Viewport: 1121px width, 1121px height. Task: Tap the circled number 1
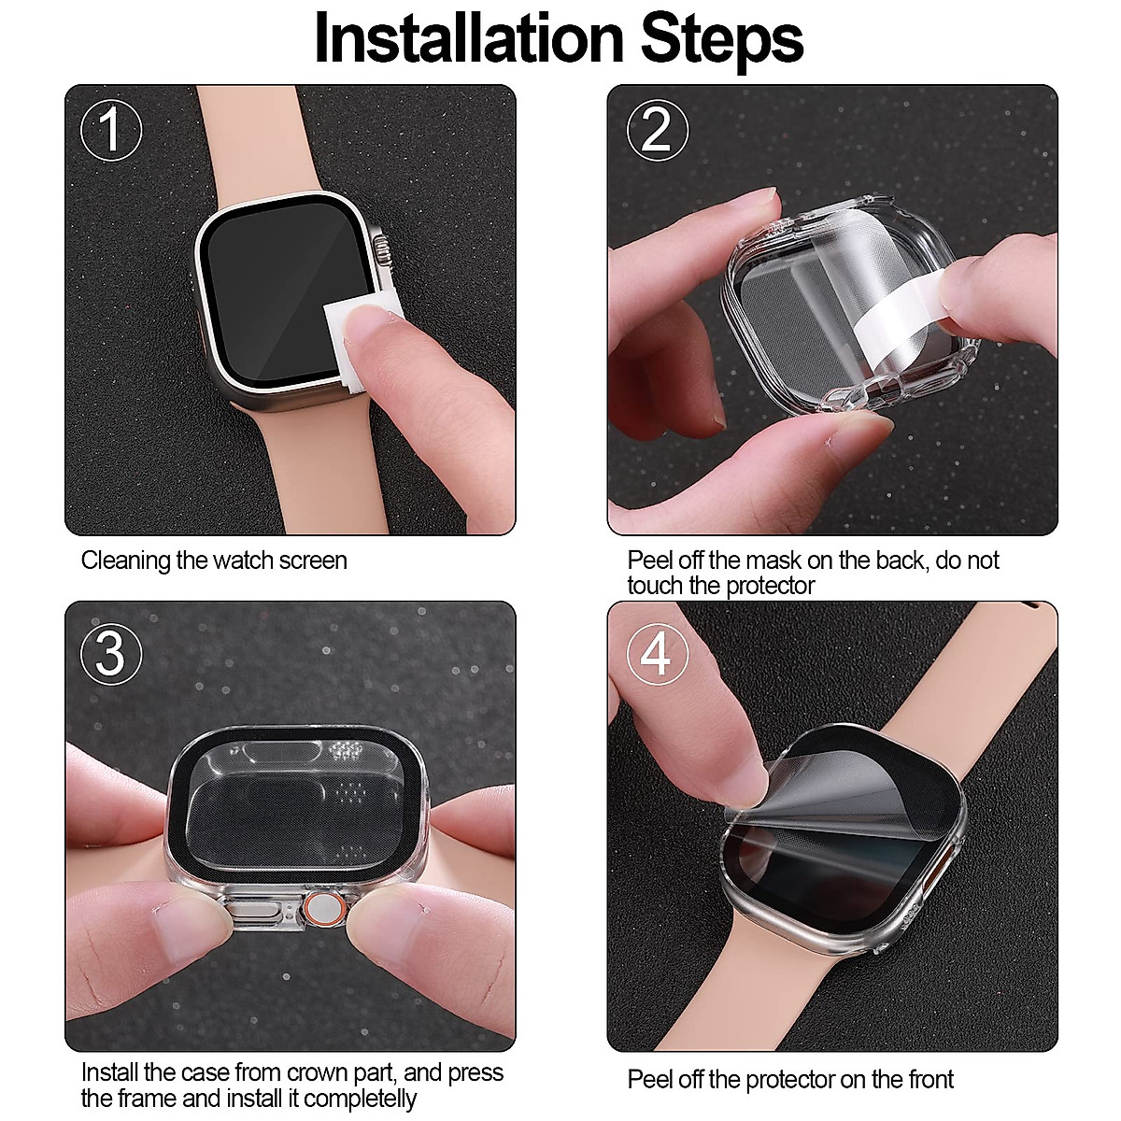point(111,130)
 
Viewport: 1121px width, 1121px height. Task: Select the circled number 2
point(657,130)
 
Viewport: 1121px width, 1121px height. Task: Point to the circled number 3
point(111,653)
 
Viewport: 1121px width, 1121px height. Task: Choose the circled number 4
point(657,653)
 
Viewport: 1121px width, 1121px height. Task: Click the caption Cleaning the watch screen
point(214,560)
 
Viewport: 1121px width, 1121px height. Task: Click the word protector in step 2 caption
point(766,586)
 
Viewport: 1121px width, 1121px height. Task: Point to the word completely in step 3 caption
point(361,1098)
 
